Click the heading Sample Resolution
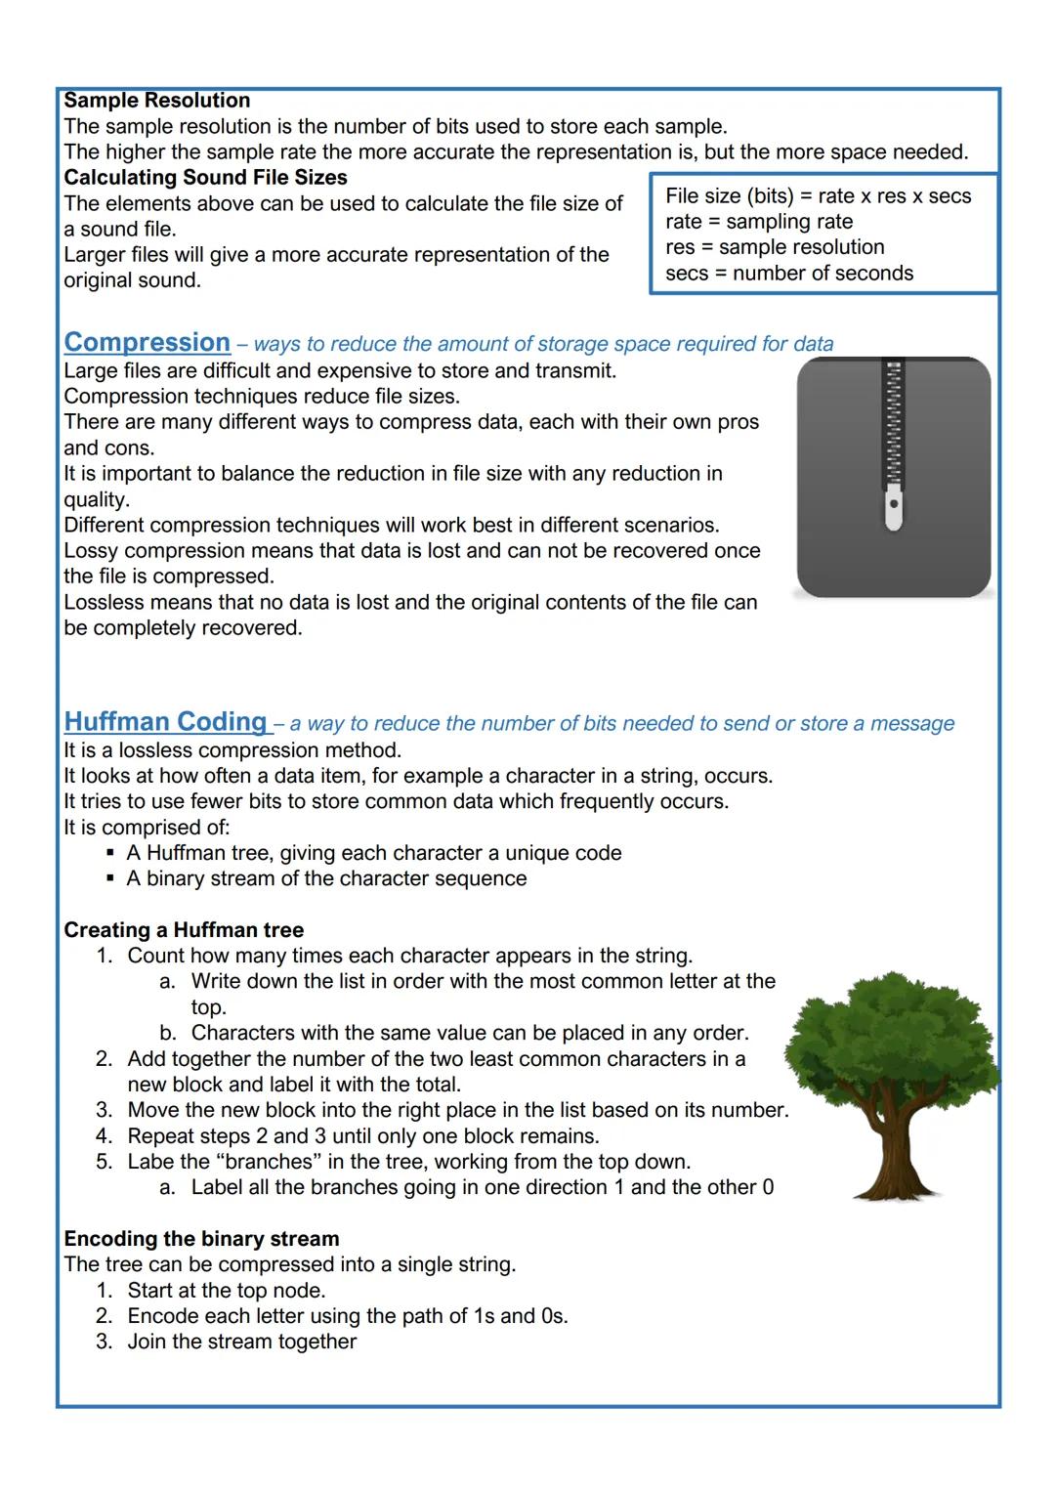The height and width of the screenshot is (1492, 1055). click(x=156, y=101)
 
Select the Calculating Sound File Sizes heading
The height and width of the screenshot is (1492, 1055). click(x=205, y=178)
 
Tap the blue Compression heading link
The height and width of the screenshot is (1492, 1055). click(x=147, y=343)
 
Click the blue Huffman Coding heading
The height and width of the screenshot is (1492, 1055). click(x=165, y=722)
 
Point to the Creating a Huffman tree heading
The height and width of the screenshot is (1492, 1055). click(x=184, y=930)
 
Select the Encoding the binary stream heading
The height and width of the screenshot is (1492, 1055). click(x=201, y=1239)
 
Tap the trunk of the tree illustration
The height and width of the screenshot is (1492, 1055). click(x=891, y=1153)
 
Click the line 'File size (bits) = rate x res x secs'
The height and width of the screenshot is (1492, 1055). click(x=818, y=196)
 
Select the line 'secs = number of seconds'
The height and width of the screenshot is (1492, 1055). click(x=788, y=274)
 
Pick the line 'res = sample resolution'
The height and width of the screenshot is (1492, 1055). click(x=774, y=247)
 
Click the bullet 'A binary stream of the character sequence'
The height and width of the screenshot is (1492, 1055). click(x=326, y=878)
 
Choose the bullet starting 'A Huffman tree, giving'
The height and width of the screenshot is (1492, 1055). click(x=373, y=853)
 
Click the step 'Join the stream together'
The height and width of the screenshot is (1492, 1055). click(x=241, y=1342)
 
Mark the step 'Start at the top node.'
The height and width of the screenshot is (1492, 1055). click(x=226, y=1291)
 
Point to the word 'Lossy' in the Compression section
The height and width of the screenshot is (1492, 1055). click(x=91, y=551)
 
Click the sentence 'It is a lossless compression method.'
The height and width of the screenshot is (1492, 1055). click(x=232, y=750)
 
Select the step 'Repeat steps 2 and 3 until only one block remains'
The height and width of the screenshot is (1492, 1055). click(x=362, y=1136)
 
